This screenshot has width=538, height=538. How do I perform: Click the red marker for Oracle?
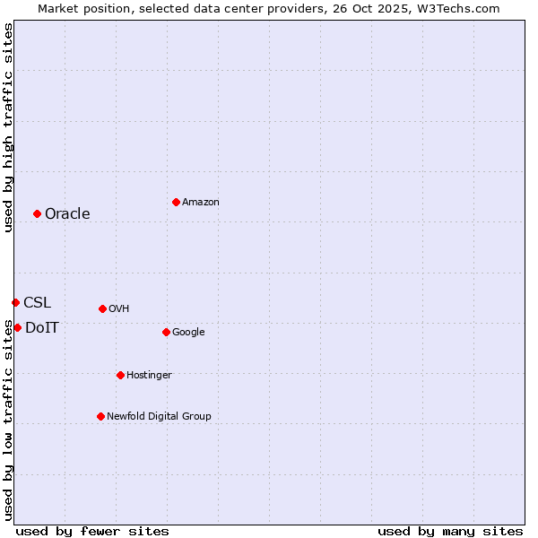click(x=37, y=213)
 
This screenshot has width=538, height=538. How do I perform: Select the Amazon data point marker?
click(x=176, y=202)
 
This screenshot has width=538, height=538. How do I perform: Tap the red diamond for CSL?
click(x=15, y=302)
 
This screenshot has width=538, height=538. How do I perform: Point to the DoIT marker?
click(x=17, y=327)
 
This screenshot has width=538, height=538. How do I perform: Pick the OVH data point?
click(x=102, y=308)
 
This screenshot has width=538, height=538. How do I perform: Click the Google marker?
click(x=166, y=332)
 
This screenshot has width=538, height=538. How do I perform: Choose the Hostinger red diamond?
click(x=120, y=375)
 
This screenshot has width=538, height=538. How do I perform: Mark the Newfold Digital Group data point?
click(x=100, y=416)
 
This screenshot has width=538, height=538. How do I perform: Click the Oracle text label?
click(x=67, y=213)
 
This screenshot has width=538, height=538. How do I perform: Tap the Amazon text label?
click(x=201, y=202)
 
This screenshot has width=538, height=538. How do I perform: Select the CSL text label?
click(x=37, y=302)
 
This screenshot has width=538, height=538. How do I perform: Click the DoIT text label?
click(x=42, y=327)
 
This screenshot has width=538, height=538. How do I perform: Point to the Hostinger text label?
click(x=149, y=375)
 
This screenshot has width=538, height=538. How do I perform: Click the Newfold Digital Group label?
click(x=159, y=416)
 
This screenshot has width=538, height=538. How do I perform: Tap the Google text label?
click(x=188, y=332)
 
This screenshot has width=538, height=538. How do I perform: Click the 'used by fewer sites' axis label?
click(x=92, y=531)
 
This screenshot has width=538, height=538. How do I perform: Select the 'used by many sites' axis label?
click(x=450, y=531)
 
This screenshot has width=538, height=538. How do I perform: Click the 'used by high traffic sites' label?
click(x=8, y=127)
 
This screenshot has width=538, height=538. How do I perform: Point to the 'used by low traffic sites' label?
click(x=8, y=420)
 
